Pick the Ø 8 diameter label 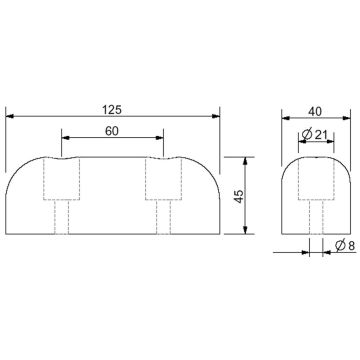339,245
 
